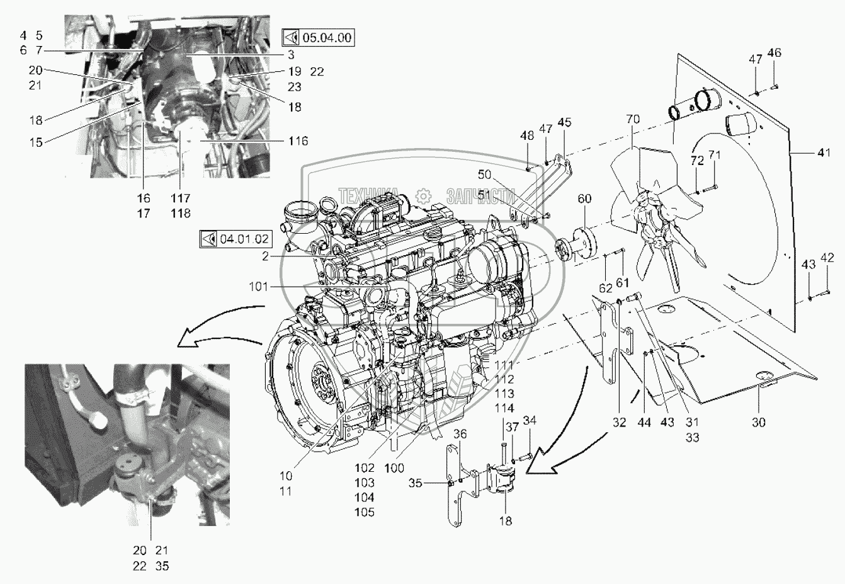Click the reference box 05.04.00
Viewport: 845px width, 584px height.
pyautogui.click(x=318, y=38)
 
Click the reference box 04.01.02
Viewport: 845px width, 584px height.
pyautogui.click(x=236, y=239)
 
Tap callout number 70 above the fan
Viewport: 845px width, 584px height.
pyautogui.click(x=633, y=118)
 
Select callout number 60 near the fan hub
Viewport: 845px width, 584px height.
pyautogui.click(x=584, y=200)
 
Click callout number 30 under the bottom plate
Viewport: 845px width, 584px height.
pyautogui.click(x=758, y=422)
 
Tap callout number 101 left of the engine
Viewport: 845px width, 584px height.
pyautogui.click(x=258, y=287)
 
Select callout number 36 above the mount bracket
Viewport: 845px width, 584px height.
pyautogui.click(x=460, y=433)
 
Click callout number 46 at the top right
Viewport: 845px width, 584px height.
pyautogui.click(x=774, y=53)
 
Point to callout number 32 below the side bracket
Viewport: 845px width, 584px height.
pyautogui.click(x=619, y=422)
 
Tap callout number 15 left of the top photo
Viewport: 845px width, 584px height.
pyautogui.click(x=36, y=142)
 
